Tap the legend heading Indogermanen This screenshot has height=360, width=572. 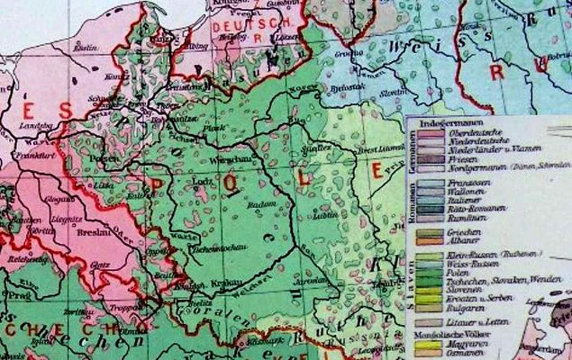445,122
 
